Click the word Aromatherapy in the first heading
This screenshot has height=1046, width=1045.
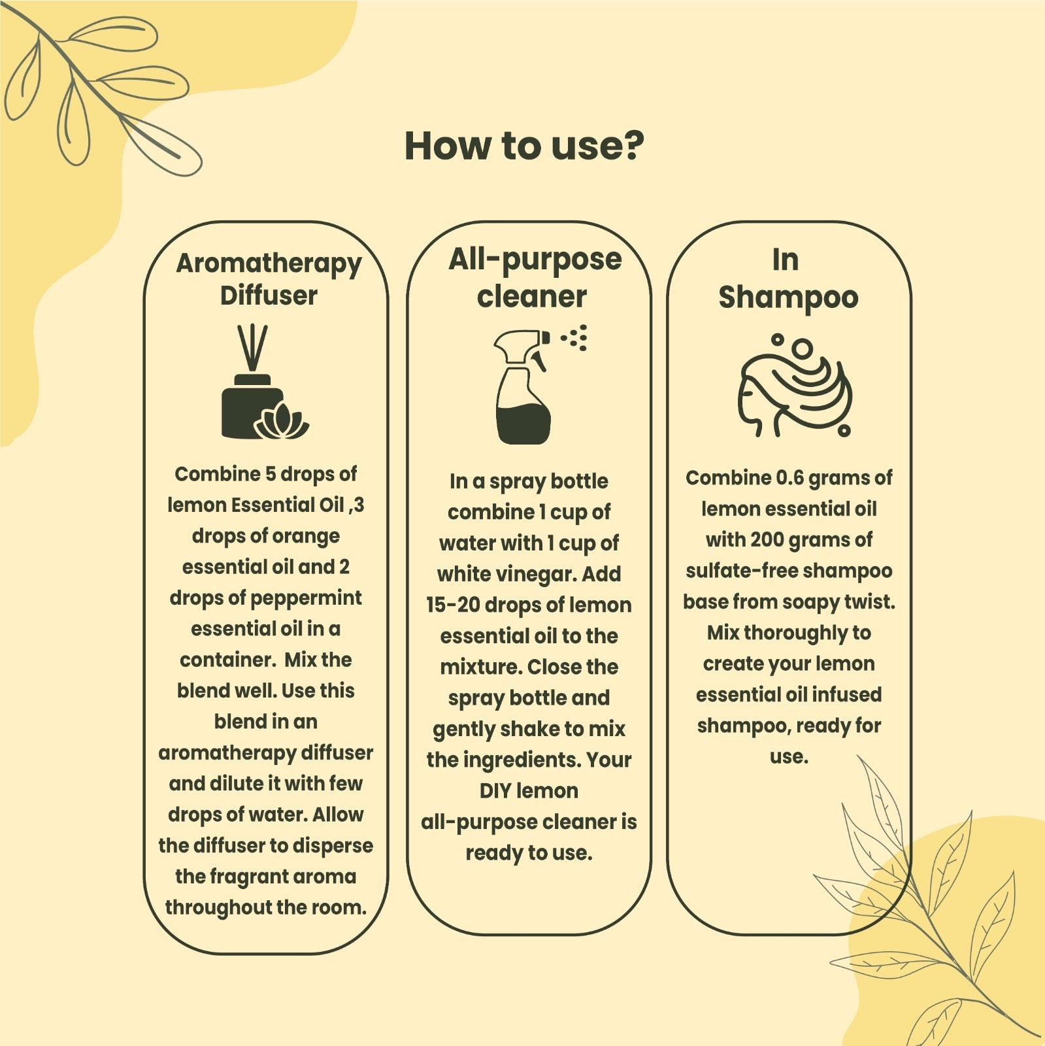tap(269, 263)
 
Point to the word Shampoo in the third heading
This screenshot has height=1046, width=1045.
tap(788, 297)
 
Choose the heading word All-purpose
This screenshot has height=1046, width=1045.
tap(535, 260)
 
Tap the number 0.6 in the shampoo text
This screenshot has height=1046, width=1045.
tap(789, 478)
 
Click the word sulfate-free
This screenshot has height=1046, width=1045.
tap(741, 571)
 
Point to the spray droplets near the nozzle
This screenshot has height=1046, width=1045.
tap(576, 337)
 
